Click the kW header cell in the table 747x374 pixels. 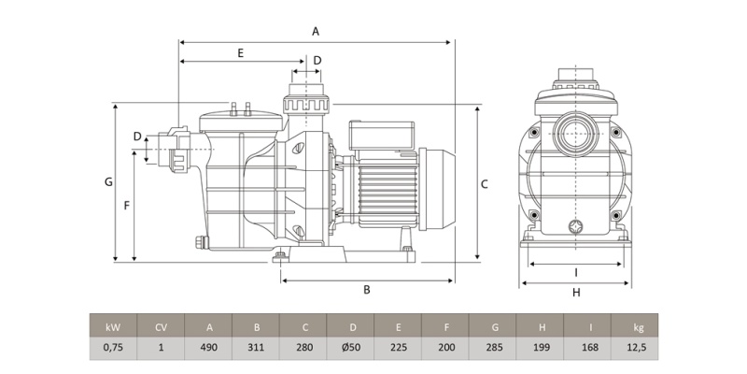click(113, 327)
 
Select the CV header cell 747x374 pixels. click(161, 327)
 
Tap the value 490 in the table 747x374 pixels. click(208, 349)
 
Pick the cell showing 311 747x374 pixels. click(256, 349)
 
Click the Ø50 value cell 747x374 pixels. click(351, 349)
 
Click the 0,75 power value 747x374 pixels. click(113, 349)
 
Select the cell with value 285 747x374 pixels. click(493, 349)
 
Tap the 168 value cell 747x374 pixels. click(588, 349)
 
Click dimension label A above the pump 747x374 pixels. click(316, 31)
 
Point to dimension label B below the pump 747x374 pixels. click(367, 290)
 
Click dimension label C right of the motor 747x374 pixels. click(485, 184)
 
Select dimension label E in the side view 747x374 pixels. click(240, 52)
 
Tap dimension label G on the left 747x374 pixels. click(108, 181)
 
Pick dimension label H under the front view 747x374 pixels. click(576, 292)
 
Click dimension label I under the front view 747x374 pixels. click(576, 272)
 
